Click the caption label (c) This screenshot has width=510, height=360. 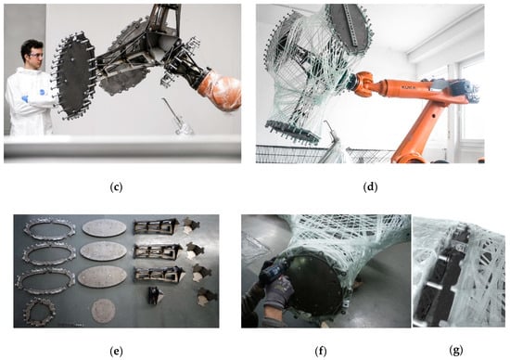[116, 187]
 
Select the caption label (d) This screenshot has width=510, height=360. [370, 187]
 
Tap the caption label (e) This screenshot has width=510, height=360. [116, 352]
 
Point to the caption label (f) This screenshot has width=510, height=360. [321, 352]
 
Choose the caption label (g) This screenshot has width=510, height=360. [456, 351]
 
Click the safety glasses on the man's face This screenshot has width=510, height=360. [36, 56]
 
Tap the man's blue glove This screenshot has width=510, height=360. [24, 98]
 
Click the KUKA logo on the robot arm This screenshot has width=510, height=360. [408, 87]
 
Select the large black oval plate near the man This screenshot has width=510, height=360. [74, 76]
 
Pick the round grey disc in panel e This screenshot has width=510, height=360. [103, 311]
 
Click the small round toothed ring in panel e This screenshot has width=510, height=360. [39, 312]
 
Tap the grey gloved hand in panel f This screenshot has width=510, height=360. [275, 294]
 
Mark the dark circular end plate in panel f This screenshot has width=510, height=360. [313, 288]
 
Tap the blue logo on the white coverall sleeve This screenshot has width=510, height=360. [43, 92]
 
